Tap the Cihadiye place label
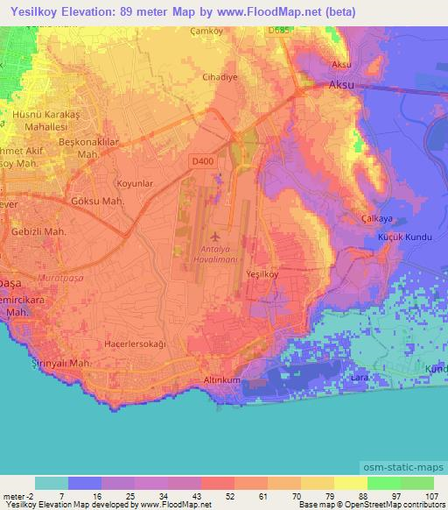220,77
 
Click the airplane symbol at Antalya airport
216,237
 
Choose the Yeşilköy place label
261,274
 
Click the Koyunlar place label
136,184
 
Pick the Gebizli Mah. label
39,232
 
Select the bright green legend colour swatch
384,482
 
